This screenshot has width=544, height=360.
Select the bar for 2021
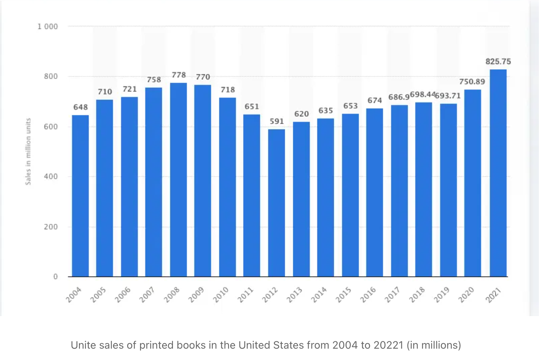498,173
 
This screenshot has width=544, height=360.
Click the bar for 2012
276,203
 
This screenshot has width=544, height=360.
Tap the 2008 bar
178,179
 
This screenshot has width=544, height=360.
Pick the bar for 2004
80,196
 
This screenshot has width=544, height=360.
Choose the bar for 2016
374,192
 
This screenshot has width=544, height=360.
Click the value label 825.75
498,61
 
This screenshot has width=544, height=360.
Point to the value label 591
277,121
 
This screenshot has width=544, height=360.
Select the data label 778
179,75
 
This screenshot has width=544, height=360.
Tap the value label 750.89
472,82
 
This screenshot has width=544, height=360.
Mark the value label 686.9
398,97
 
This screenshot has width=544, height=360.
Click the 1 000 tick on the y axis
48,26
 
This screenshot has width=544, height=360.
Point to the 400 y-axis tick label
51,176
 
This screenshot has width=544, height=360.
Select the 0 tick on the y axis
56,277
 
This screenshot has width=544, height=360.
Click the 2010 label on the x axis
221,295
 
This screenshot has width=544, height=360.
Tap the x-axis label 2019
441,295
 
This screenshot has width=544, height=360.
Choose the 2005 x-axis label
98,295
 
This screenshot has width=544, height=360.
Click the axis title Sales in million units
28,151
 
